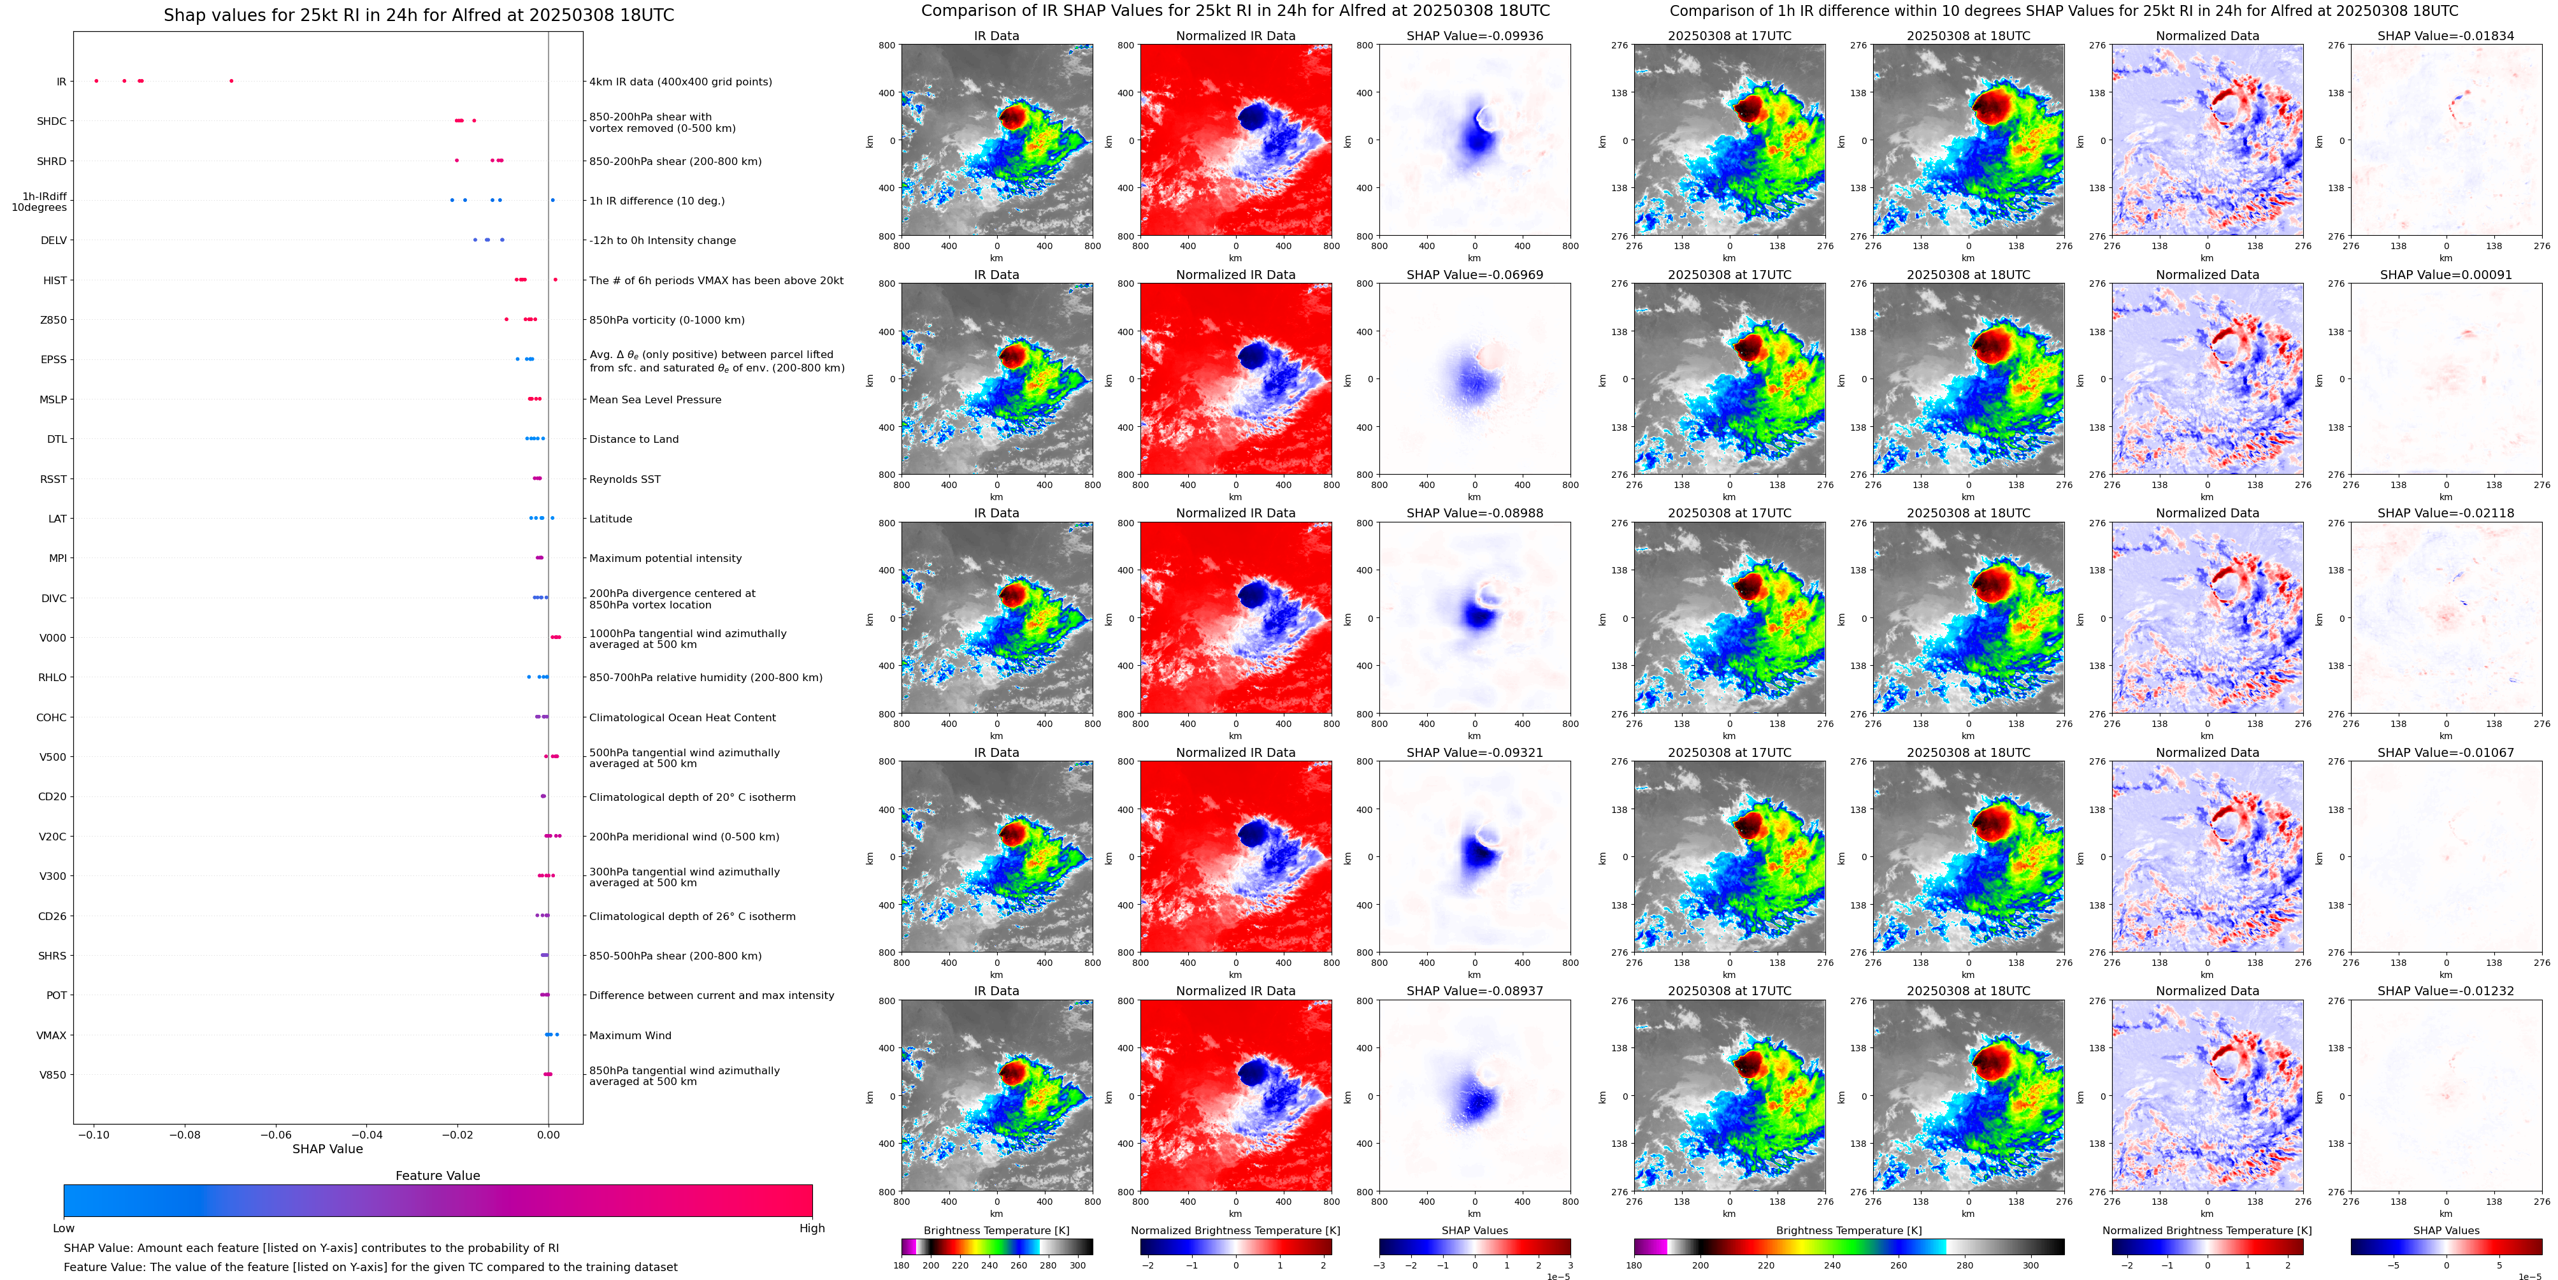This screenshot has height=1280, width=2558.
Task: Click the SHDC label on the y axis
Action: coord(52,121)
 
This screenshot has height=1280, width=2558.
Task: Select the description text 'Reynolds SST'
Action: coord(624,478)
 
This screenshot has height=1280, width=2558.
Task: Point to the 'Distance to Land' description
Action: coord(633,439)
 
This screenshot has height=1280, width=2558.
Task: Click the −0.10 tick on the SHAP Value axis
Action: coord(94,1134)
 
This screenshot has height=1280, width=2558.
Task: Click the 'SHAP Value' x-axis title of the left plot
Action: coord(327,1149)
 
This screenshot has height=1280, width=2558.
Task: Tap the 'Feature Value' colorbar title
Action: coord(437,1176)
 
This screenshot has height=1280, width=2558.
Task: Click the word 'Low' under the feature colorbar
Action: coord(64,1228)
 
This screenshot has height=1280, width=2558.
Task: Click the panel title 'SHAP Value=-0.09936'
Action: coord(1475,36)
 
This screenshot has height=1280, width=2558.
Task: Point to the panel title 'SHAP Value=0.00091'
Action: coord(2446,275)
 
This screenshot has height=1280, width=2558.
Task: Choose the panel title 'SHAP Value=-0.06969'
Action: coord(1475,275)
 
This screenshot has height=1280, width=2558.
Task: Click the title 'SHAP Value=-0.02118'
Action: coord(2446,514)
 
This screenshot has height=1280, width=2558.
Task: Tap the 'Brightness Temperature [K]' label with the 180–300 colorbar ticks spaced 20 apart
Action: coord(996,1230)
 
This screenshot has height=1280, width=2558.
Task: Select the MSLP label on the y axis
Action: coord(53,399)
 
